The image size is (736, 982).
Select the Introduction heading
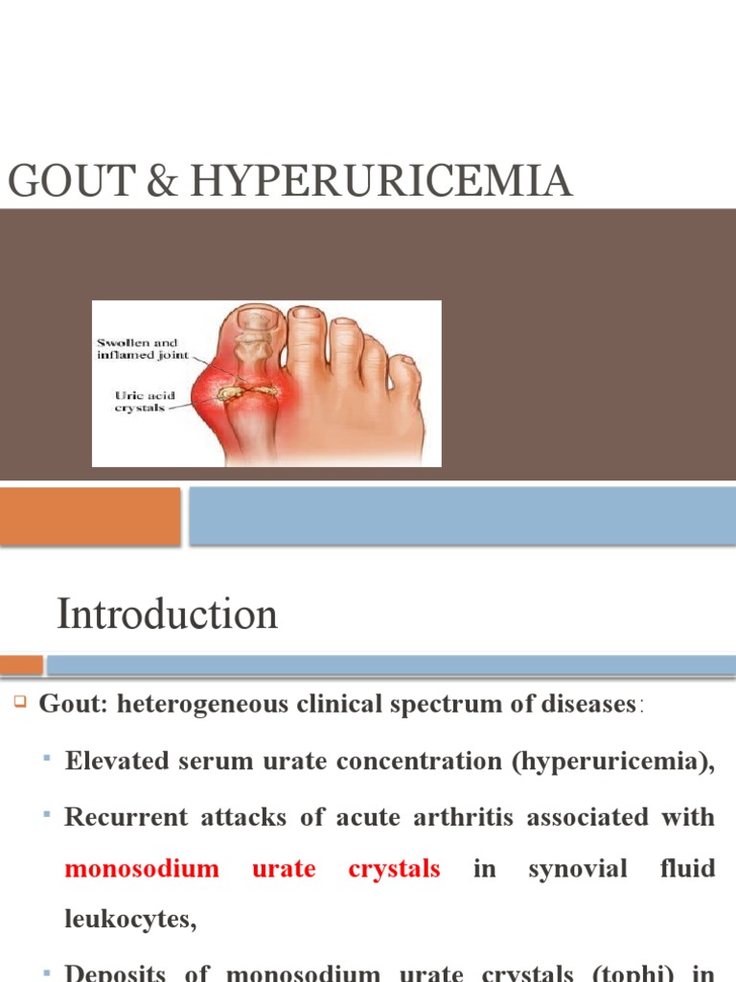click(x=168, y=615)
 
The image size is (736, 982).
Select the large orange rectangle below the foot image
click(x=90, y=516)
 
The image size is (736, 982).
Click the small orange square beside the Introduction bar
click(x=21, y=665)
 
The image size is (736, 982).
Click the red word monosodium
click(x=142, y=870)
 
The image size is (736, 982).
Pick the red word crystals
click(x=394, y=870)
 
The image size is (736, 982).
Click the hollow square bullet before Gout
click(x=18, y=702)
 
